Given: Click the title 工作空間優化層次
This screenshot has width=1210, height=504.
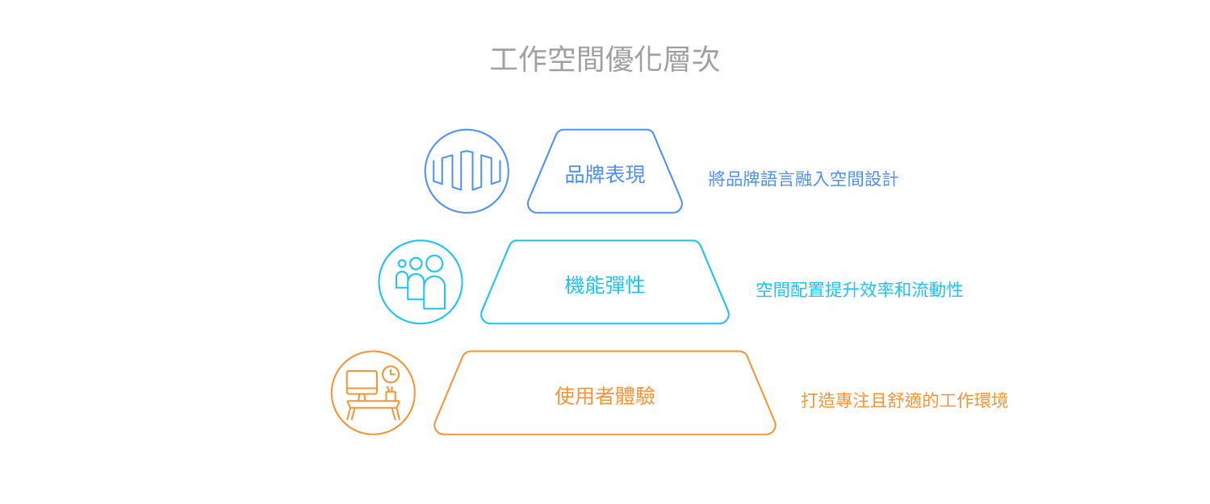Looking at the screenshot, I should [605, 60].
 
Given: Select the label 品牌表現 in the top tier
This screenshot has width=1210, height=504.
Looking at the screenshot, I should [605, 174].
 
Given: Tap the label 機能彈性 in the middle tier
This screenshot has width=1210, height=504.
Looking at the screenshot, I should [605, 285].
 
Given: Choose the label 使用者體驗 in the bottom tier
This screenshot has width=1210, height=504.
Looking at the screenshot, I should [605, 395].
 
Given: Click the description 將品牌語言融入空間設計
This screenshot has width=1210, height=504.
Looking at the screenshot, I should [803, 179].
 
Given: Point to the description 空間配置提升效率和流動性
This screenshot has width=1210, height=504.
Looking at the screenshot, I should [859, 289].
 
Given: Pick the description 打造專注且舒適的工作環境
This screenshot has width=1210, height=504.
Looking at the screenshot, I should [904, 400].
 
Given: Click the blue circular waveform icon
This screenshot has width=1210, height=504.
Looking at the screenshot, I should [467, 171].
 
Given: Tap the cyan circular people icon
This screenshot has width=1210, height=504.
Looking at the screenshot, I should [421, 282].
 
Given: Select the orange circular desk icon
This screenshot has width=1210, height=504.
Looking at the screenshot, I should [373, 393].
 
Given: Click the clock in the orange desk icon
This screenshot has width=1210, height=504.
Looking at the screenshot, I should [391, 373].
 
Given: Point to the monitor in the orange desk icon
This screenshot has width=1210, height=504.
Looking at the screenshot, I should [362, 382].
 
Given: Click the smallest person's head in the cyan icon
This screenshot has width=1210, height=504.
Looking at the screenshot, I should [402, 264].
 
